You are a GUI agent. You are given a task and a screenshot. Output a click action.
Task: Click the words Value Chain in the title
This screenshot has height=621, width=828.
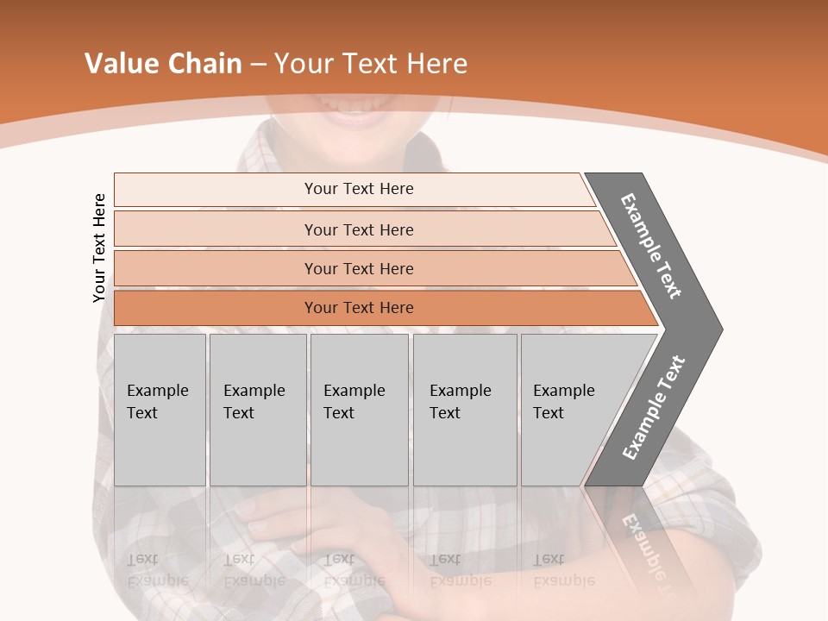point(163,64)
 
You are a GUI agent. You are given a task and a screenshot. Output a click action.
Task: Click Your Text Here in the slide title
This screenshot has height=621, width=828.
point(371,64)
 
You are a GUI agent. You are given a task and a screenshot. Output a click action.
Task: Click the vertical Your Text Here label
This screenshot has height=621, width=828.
point(99,248)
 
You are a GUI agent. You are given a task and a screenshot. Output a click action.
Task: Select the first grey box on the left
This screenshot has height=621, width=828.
point(160,410)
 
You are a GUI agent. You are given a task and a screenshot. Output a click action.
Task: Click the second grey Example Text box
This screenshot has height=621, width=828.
point(257,410)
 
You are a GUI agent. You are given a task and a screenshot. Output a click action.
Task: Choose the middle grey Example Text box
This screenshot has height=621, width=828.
point(359,410)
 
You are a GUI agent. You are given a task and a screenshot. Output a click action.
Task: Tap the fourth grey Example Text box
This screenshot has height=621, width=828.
point(464,410)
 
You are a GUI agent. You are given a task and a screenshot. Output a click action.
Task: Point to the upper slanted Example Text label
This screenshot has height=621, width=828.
point(651,246)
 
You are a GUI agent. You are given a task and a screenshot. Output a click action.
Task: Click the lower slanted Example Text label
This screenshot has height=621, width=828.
point(654,408)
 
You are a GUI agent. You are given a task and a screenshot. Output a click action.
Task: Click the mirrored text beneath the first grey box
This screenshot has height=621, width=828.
point(157,570)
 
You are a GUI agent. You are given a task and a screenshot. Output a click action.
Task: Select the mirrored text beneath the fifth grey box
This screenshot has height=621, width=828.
point(563,570)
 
